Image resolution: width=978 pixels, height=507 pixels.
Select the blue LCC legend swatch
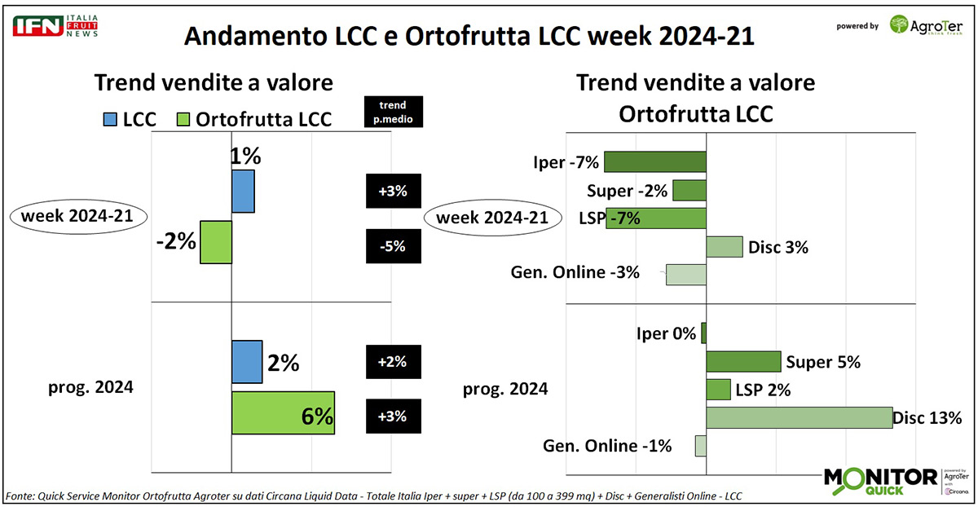[111, 119]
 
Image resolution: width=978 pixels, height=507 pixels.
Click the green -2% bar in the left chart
[216, 241]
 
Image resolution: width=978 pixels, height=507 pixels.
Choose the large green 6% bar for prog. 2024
[283, 413]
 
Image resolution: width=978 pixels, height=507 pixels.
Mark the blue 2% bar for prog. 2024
[247, 361]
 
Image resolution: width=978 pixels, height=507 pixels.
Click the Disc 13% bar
[799, 418]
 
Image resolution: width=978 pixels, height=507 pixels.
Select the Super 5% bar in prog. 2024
[743, 362]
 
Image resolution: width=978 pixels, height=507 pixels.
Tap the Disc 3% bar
[724, 247]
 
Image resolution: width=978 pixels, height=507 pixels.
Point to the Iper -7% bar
[654, 161]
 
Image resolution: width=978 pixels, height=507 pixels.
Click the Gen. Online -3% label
[575, 273]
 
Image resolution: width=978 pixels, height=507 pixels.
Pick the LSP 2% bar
[718, 390]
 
